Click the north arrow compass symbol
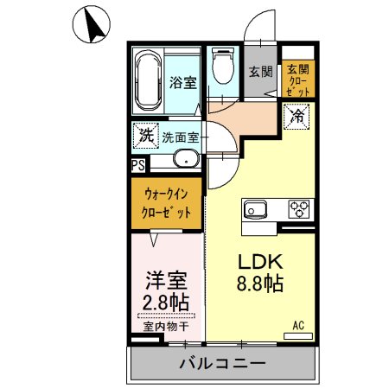coord(92,25)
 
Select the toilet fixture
coord(223,66)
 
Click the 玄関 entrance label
coord(260,72)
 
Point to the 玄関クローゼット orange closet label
coord(298,80)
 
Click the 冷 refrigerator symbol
coord(297,117)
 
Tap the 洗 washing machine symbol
coord(146,136)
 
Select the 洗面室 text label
coord(181,138)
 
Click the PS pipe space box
coord(138,166)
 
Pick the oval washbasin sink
coord(187,158)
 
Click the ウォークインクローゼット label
coord(166,204)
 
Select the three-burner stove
coord(299,208)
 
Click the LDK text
coord(260,262)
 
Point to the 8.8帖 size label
coord(260,284)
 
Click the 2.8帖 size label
coord(166,302)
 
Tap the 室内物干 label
coord(166,327)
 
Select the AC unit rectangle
coord(298,336)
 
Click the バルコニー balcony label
coord(222,363)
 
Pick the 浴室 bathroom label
coord(182,83)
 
